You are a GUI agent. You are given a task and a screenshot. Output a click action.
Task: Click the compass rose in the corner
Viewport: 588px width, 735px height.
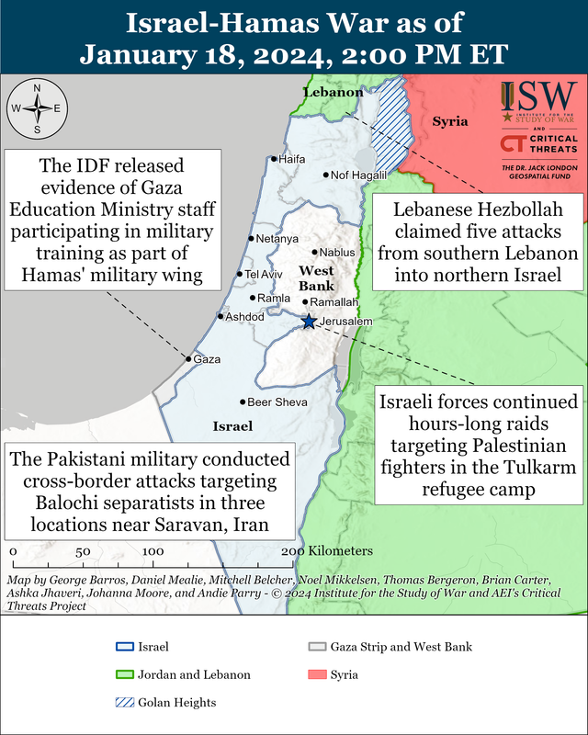(36, 108)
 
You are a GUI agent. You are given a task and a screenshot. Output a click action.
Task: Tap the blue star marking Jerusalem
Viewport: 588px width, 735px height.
(310, 321)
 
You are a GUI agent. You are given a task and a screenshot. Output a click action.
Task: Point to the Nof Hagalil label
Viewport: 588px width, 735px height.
(357, 175)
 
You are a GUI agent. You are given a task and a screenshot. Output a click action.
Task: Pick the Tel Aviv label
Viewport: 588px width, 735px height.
(262, 274)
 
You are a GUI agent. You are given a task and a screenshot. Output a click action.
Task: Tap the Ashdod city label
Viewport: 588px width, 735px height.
(244, 316)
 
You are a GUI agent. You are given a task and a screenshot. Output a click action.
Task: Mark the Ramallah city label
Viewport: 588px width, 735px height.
(334, 301)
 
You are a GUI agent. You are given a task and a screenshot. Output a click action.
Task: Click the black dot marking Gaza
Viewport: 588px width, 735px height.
(190, 359)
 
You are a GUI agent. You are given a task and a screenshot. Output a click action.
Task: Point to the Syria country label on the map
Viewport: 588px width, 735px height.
(450, 121)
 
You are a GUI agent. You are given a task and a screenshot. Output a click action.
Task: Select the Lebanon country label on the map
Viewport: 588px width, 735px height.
(334, 93)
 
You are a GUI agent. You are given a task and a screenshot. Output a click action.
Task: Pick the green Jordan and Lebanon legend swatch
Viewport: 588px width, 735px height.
(121, 674)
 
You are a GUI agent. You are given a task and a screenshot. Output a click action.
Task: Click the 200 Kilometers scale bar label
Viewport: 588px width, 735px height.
(327, 550)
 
